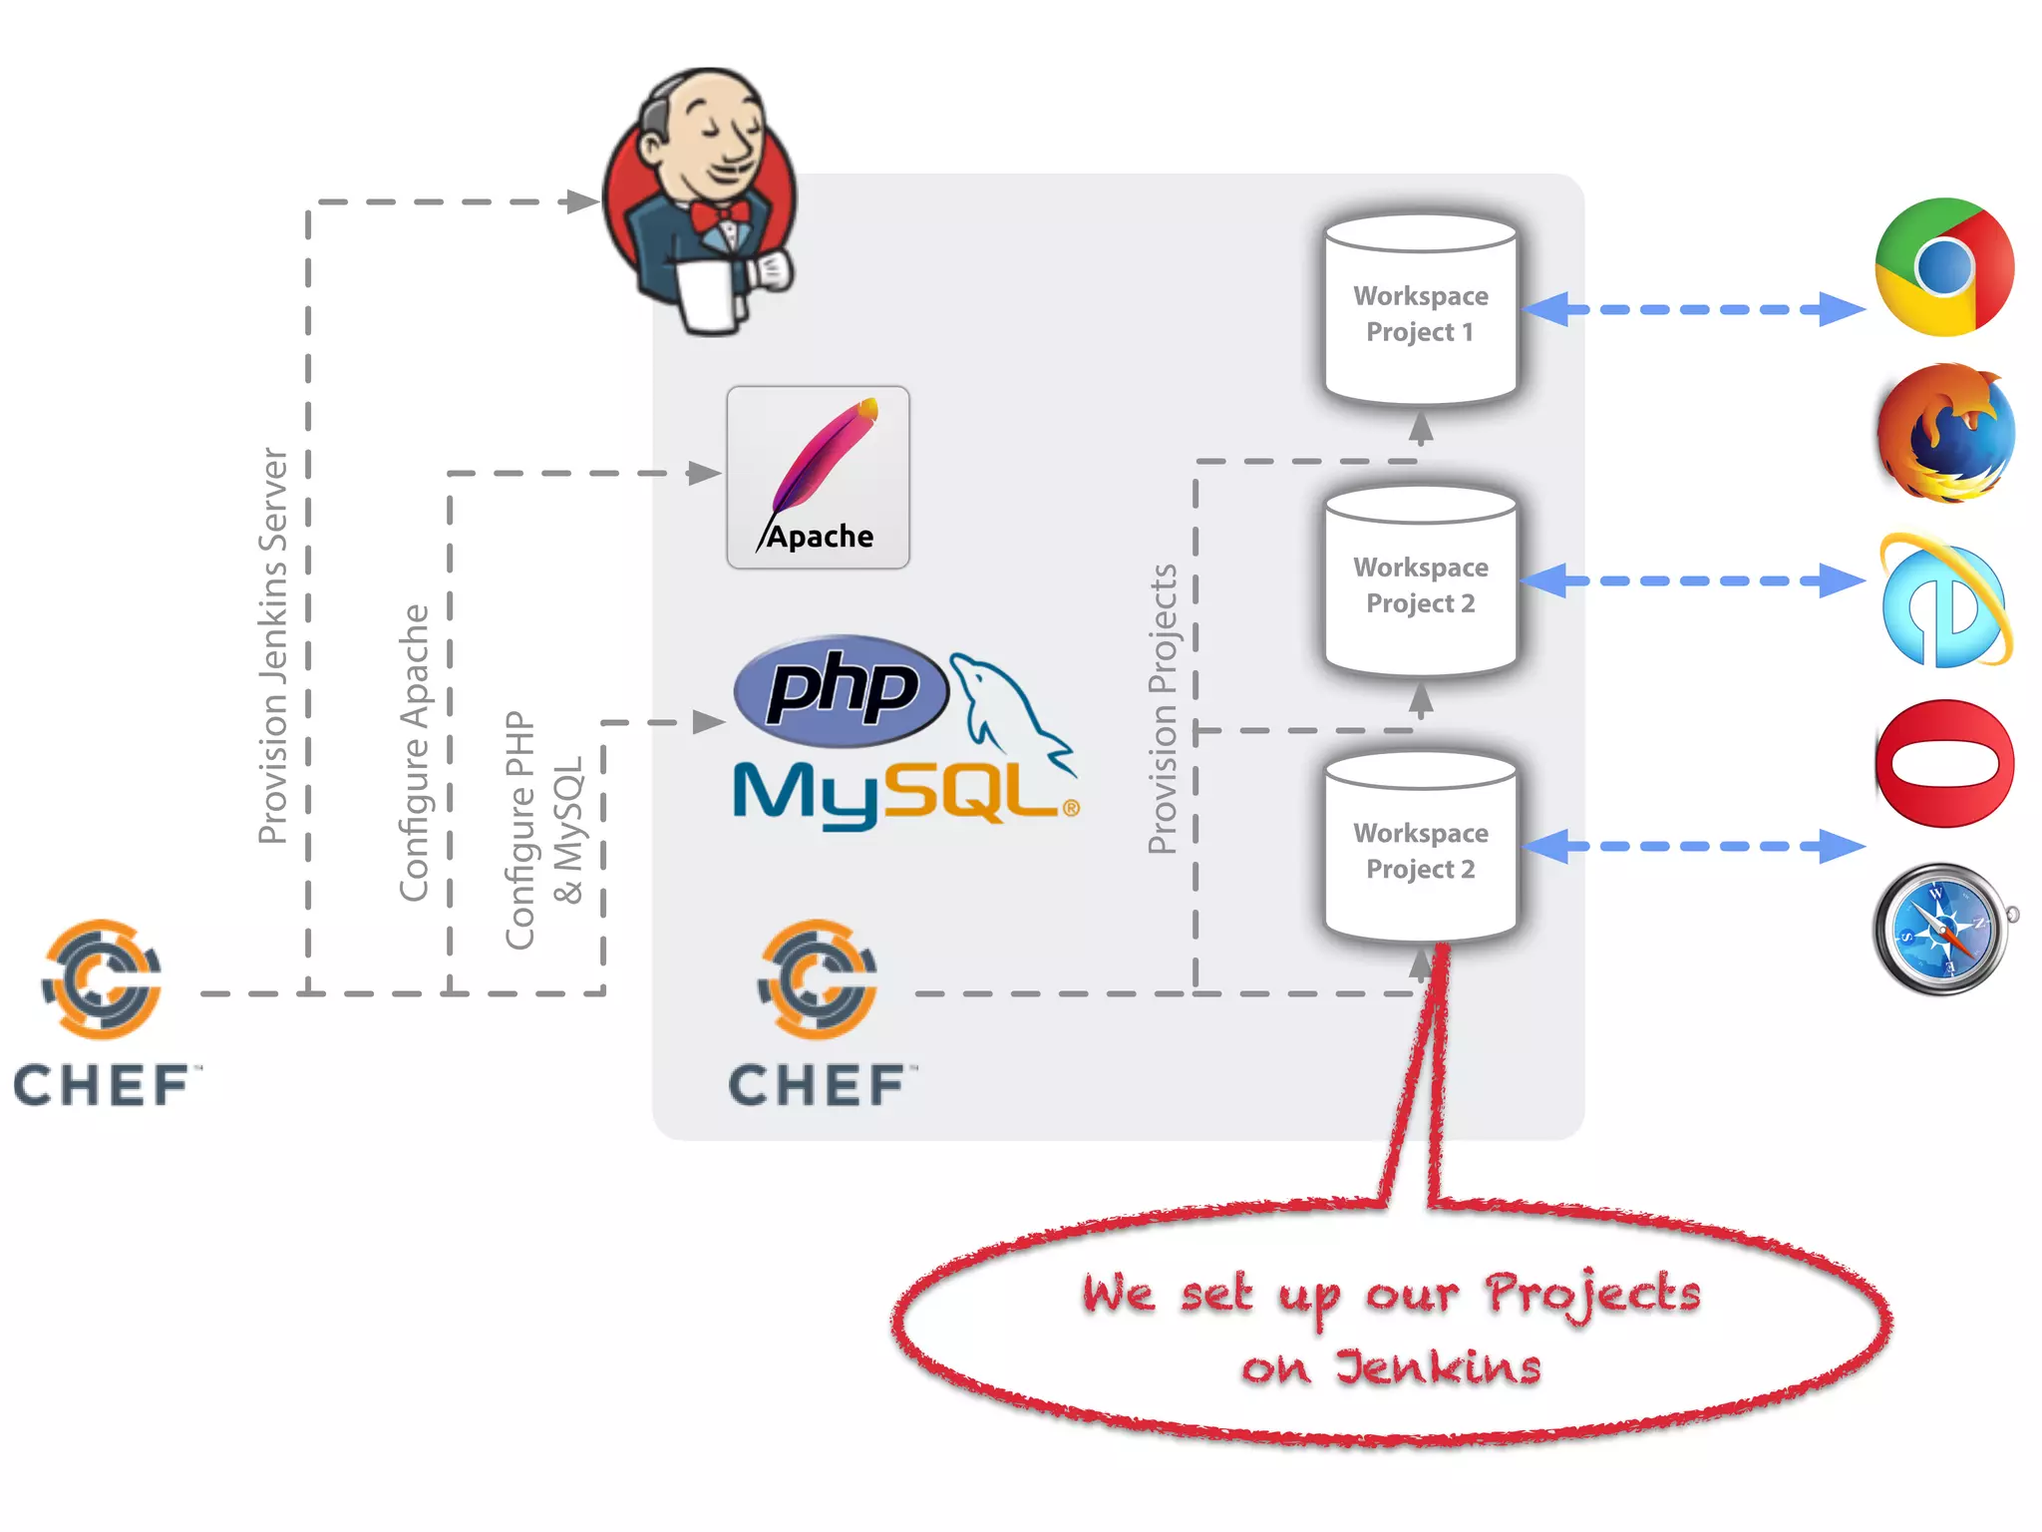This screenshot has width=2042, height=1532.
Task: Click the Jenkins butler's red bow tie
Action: click(720, 215)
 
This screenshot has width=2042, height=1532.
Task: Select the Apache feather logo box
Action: click(818, 477)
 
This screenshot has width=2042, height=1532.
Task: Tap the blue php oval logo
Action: click(841, 690)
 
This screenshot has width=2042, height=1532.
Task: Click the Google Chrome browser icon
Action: click(1944, 267)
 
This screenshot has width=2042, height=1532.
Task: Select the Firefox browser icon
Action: click(1944, 435)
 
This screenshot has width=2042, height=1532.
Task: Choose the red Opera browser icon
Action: click(1944, 764)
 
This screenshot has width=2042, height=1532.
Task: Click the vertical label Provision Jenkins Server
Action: click(273, 645)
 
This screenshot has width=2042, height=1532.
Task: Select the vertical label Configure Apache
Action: click(414, 753)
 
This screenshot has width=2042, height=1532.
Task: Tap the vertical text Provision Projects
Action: click(1163, 708)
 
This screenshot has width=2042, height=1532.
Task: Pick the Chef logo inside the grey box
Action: click(818, 1012)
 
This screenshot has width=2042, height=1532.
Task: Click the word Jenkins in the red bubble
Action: click(1438, 1366)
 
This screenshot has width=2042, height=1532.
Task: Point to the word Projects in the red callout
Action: click(1592, 1294)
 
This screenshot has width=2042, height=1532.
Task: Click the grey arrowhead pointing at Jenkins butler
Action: click(581, 201)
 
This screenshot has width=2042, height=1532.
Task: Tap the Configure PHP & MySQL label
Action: click(543, 830)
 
